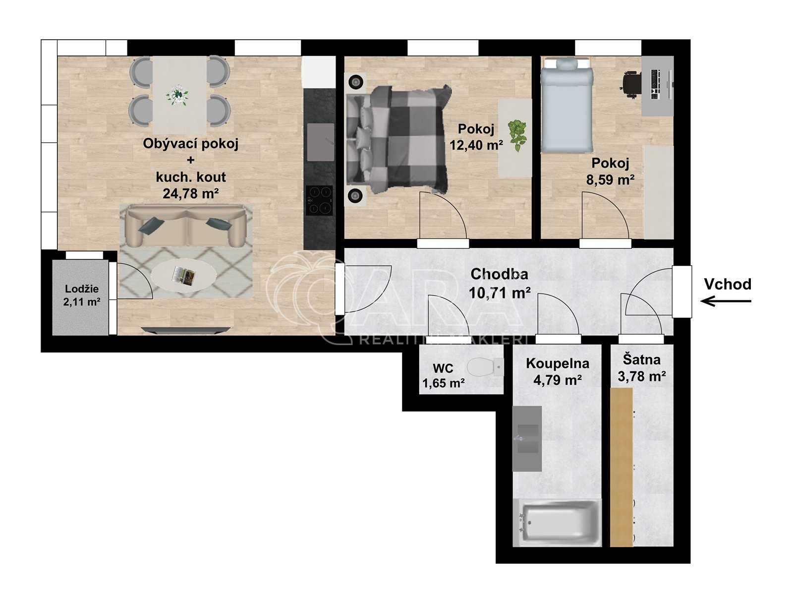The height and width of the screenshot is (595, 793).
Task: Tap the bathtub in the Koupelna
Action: click(557, 522)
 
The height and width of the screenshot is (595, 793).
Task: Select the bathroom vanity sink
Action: click(527, 439)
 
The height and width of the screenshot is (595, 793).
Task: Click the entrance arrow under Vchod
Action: click(726, 301)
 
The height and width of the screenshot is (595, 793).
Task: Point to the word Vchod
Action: click(728, 284)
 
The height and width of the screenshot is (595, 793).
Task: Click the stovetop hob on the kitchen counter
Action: click(319, 200)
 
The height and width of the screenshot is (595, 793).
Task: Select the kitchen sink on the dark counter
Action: click(321, 142)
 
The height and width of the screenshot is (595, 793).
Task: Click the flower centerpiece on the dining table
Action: click(177, 95)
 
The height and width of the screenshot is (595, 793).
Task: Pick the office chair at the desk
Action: click(631, 84)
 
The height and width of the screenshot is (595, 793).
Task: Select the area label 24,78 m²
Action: click(191, 194)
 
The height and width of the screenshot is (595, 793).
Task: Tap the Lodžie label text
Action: click(82, 289)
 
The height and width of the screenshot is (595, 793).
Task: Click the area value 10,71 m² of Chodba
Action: click(500, 293)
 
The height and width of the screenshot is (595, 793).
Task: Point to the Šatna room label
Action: click(642, 360)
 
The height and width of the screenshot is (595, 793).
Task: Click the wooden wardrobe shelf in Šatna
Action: click(622, 467)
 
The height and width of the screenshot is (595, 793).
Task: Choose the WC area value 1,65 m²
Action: click(443, 383)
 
